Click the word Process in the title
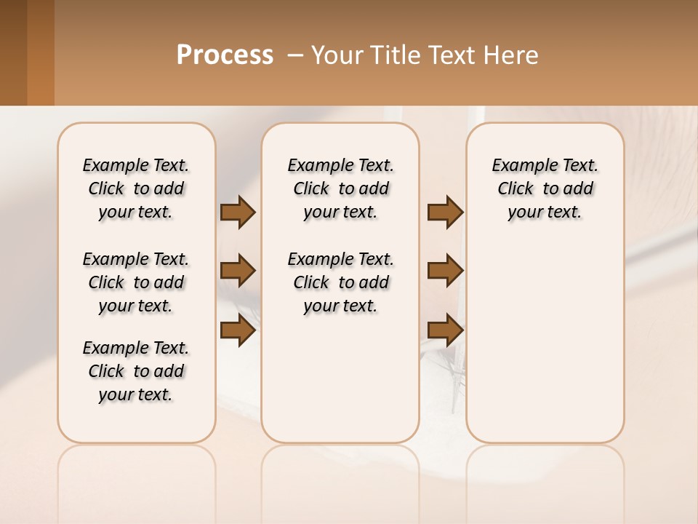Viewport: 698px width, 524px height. (225, 55)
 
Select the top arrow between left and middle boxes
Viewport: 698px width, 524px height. (238, 212)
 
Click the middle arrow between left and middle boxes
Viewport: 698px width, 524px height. (238, 271)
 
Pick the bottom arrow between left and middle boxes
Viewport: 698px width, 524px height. (238, 330)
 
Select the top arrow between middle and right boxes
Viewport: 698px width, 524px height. (445, 212)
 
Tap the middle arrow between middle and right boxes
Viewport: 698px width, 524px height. (445, 271)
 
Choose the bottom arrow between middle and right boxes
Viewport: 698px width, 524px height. (445, 330)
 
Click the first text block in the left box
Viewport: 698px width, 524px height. (136, 188)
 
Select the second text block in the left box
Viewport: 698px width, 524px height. (136, 282)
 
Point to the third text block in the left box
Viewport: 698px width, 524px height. (136, 371)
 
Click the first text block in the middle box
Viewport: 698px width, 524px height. (340, 188)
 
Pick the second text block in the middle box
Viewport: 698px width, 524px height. (340, 282)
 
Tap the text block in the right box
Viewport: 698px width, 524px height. (545, 188)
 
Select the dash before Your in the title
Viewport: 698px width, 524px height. (295, 55)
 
